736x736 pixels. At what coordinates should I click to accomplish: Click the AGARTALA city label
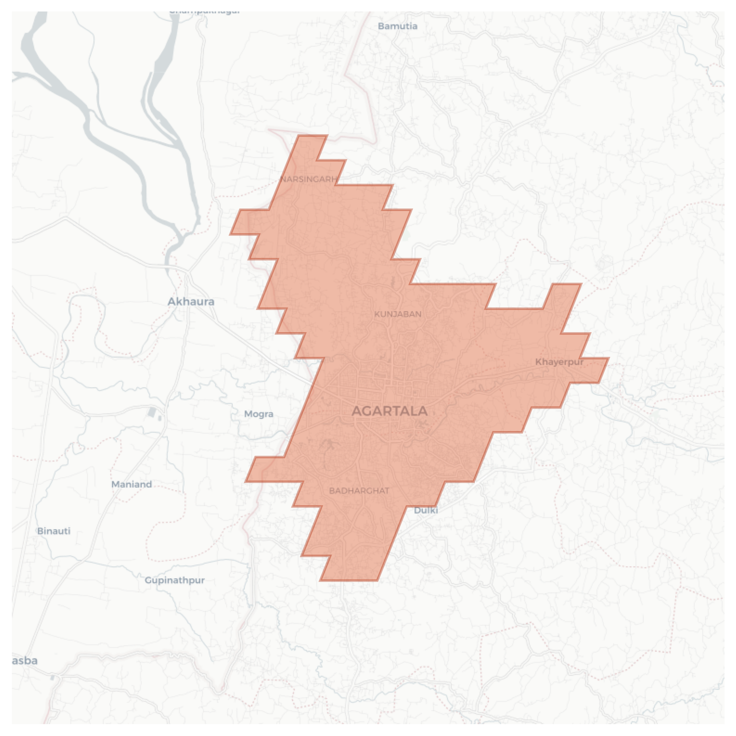click(390, 411)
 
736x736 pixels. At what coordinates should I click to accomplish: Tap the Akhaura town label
click(191, 302)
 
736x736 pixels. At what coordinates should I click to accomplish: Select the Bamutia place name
click(397, 26)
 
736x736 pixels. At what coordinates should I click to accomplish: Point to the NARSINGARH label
click(308, 179)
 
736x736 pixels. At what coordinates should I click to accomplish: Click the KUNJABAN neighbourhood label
click(398, 314)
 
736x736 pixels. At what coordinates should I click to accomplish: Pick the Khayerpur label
click(559, 362)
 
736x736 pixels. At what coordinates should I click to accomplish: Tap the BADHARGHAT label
click(359, 491)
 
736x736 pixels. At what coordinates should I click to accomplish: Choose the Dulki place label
click(426, 510)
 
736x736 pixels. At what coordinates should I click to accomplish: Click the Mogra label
click(259, 414)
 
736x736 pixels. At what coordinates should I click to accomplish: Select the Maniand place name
click(131, 484)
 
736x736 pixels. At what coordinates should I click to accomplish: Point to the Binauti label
click(54, 531)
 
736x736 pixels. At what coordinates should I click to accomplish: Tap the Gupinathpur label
click(175, 580)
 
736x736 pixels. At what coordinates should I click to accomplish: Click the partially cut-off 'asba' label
click(25, 660)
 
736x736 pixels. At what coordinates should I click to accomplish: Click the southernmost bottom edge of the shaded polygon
click(349, 580)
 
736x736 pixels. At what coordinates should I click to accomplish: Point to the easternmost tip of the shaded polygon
click(608, 359)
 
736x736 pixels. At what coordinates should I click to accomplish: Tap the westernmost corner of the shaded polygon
click(231, 234)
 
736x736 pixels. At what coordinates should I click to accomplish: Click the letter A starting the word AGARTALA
click(356, 411)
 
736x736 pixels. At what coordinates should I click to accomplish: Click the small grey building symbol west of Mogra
click(152, 412)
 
